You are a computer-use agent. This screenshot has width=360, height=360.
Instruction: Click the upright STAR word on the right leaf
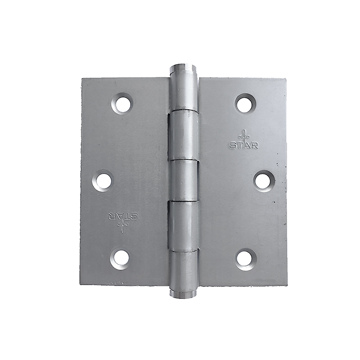click(243, 145)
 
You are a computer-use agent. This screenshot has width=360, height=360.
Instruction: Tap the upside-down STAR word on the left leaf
click(122, 215)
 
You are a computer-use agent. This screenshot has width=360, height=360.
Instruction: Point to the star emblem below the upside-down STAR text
click(122, 226)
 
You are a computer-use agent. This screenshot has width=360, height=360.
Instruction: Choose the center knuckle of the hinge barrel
click(184, 181)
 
